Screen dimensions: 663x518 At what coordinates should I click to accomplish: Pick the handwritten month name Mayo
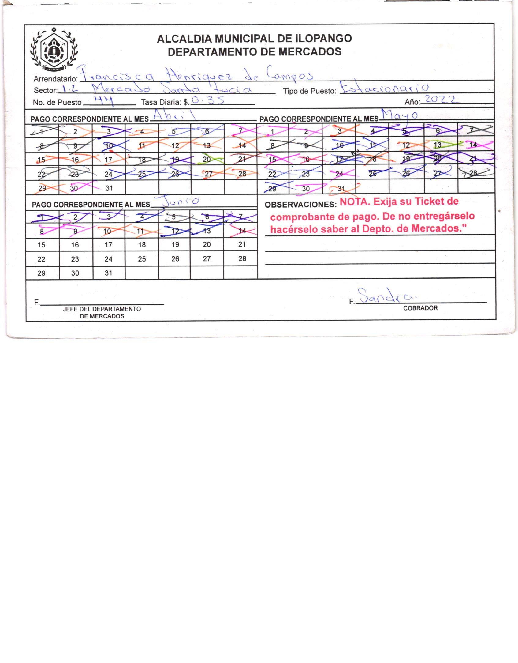[x=399, y=115]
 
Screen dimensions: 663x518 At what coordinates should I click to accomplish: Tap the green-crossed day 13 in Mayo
[x=438, y=145]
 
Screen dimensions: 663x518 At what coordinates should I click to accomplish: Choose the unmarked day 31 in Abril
[x=109, y=188]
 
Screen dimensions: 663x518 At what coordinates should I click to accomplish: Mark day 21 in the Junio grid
[x=242, y=244]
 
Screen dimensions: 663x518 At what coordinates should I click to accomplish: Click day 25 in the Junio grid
[x=142, y=259]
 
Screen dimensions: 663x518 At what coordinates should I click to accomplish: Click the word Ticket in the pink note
[x=430, y=202]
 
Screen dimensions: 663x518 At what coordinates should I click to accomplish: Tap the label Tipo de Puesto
[x=309, y=91]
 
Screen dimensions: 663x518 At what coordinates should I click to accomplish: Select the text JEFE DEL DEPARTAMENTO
[x=102, y=309]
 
